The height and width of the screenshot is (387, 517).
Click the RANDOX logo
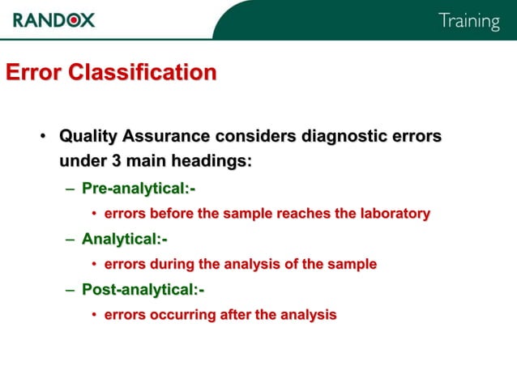[53, 20]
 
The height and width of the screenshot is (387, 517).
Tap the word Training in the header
[469, 22]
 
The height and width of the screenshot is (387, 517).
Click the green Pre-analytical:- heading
[139, 189]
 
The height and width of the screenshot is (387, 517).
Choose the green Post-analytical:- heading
[143, 289]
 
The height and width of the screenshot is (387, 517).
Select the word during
[171, 264]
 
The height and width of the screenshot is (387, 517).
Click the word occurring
[184, 314]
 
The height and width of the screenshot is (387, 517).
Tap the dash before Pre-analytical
[70, 189]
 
